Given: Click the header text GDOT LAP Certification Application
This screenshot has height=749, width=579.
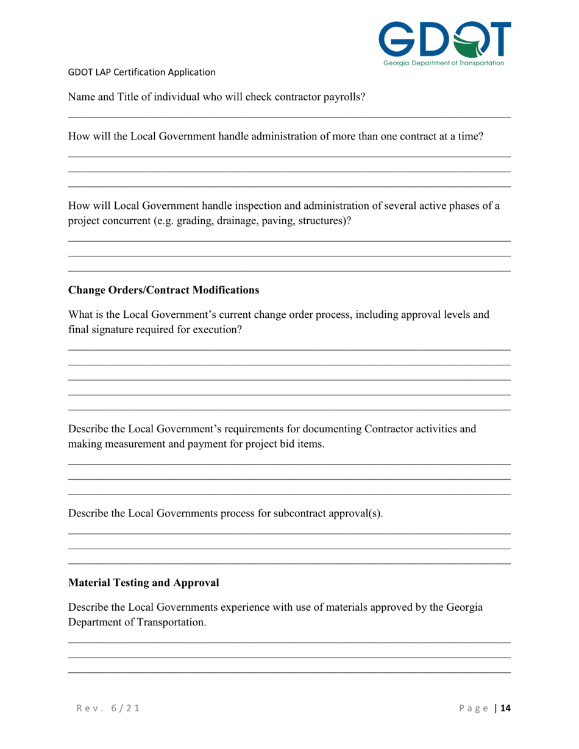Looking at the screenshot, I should point(141,72).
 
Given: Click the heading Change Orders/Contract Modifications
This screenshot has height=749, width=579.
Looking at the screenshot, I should point(163,290).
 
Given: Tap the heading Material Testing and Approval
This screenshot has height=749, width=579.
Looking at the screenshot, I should point(143,583).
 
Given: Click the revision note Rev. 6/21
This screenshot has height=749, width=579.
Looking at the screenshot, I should point(106,708).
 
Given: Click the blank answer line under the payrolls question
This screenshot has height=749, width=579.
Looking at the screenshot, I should point(289,117).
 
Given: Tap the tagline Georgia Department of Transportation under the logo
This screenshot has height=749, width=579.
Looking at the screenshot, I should point(443,63).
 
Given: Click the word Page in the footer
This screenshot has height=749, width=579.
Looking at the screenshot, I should point(475,708).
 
